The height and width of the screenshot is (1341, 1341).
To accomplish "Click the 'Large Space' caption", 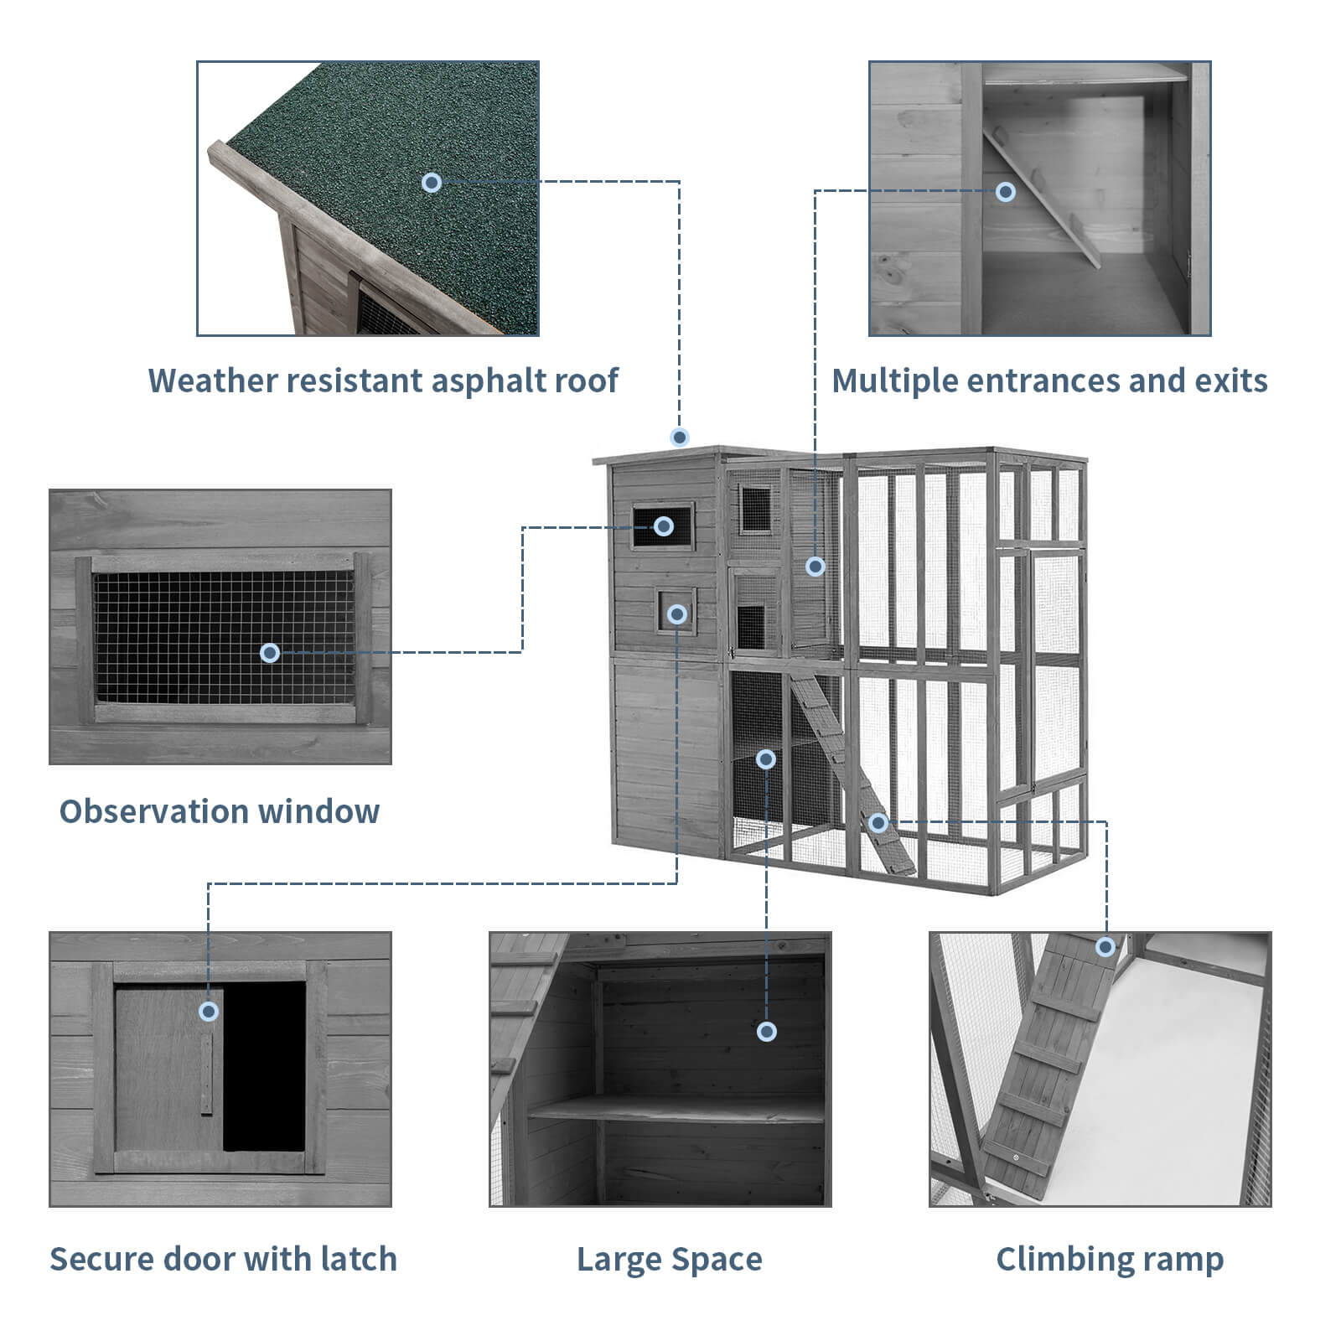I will (669, 1259).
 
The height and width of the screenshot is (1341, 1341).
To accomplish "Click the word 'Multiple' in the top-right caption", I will (893, 381).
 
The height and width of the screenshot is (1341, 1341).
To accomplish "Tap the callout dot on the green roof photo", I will (432, 182).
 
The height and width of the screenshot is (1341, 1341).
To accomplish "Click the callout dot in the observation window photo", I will (270, 652).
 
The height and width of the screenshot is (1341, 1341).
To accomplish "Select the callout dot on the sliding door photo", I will (209, 1012).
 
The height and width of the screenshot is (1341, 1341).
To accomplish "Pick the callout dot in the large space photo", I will (766, 1032).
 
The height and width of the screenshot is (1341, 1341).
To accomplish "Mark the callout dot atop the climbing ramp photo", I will (1105, 947).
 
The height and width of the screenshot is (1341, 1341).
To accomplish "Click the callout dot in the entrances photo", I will (1006, 192).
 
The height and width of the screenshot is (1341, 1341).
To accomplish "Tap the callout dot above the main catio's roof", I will (680, 437).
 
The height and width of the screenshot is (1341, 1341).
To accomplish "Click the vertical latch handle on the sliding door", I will (207, 1073).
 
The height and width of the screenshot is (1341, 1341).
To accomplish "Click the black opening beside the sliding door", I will (264, 1064).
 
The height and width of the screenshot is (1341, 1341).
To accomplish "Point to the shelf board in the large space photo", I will (670, 1111).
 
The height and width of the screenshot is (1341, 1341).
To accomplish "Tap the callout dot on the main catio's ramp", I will (878, 822).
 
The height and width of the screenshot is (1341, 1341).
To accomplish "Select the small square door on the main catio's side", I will (676, 614).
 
